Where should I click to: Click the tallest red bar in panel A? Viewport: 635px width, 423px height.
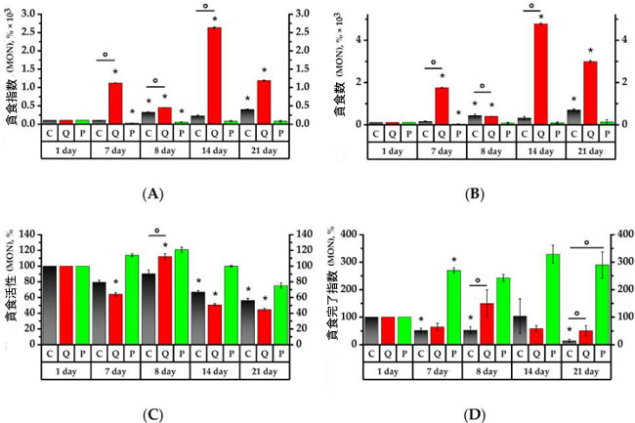point(214,75)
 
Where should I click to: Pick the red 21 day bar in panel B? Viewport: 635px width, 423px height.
point(589,93)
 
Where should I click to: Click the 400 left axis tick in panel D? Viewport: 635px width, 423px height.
point(359,236)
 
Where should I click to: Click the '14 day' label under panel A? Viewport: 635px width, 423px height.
point(214,153)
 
